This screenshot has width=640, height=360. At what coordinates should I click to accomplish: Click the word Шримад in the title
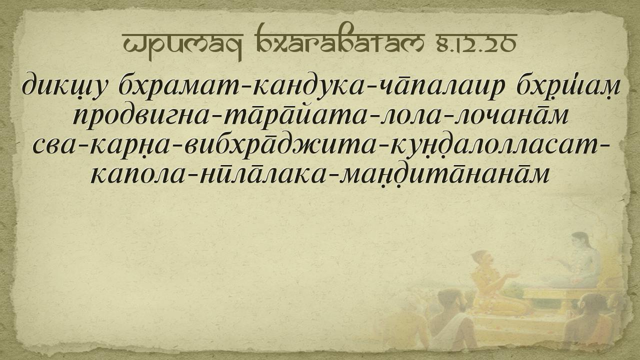pyautogui.click(x=182, y=45)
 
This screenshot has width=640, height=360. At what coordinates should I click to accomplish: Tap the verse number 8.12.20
pyautogui.click(x=476, y=44)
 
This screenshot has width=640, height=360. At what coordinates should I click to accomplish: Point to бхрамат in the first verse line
pyautogui.click(x=179, y=85)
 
